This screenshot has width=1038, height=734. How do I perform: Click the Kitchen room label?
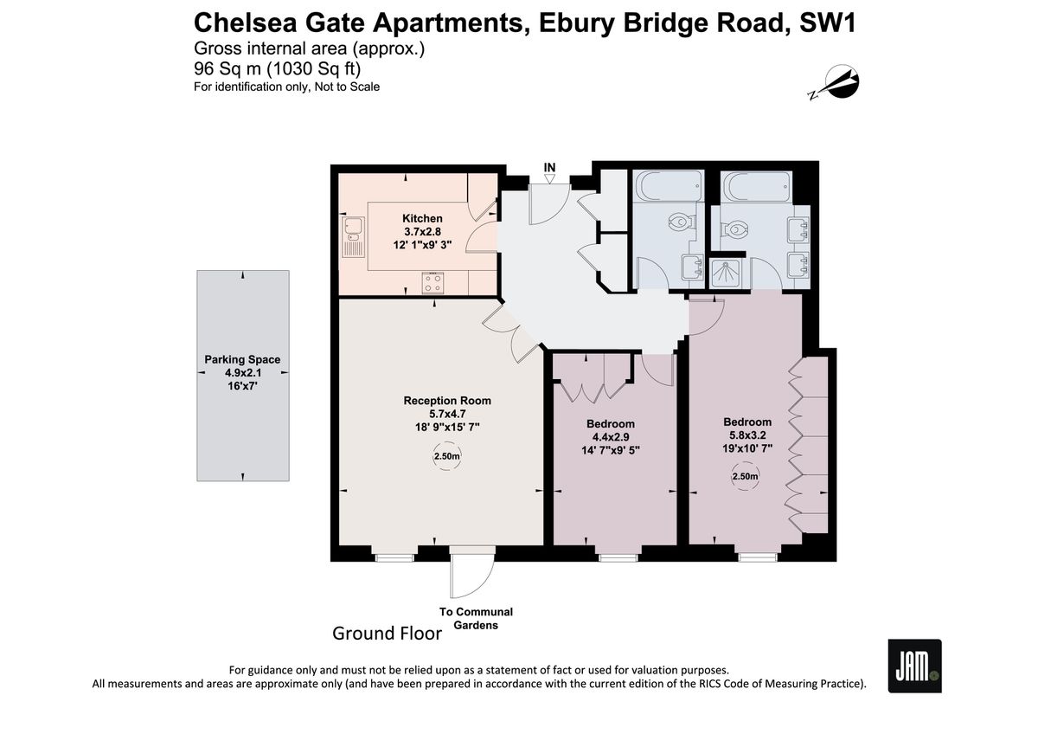pos(422,218)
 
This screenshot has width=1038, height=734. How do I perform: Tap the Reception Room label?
pos(447,401)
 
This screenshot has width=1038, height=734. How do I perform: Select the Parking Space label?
pos(242,359)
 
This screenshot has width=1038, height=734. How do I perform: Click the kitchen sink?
pos(354,237)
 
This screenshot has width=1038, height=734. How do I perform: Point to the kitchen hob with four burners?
pos(432,283)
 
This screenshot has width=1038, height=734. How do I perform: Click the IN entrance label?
pos(549,167)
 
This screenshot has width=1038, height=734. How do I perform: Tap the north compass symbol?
pos(835,83)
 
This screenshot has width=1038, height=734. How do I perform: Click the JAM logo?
pos(915,666)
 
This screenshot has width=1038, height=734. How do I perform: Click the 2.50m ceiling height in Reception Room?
pos(446,456)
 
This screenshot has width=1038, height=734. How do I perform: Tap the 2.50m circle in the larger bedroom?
pos(745,476)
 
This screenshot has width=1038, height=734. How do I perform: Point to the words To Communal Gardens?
pos(476,619)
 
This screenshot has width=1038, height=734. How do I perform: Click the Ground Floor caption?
pos(387,634)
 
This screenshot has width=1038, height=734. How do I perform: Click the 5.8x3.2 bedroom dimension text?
pos(747,435)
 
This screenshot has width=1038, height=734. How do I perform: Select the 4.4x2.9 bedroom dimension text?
pos(611,437)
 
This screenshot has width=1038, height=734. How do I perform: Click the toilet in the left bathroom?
pos(681,222)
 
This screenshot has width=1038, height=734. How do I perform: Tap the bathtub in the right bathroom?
pos(757,187)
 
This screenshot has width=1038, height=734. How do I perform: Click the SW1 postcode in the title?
pos(828,23)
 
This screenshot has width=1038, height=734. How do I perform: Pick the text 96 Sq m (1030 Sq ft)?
pos(277,68)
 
